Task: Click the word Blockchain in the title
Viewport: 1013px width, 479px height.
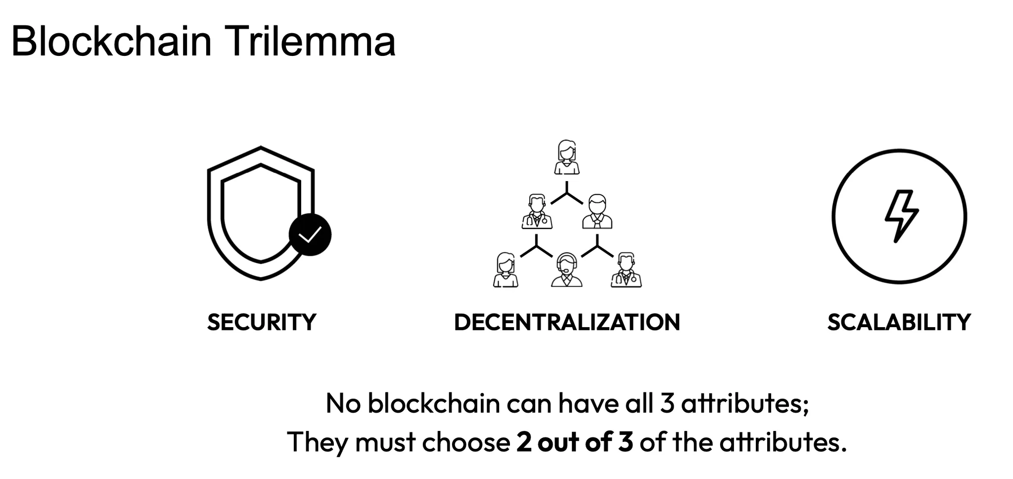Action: point(111,42)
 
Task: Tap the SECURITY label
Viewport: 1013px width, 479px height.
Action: point(262,323)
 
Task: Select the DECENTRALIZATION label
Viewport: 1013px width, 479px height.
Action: point(567,323)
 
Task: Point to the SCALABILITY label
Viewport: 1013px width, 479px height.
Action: point(899,323)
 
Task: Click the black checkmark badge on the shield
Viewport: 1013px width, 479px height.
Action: point(310,235)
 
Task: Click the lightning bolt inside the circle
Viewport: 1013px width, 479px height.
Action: point(901,216)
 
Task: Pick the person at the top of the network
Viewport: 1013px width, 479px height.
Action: point(567,157)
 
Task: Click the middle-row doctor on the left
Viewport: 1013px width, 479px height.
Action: point(537,212)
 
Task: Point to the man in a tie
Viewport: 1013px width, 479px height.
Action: point(597,212)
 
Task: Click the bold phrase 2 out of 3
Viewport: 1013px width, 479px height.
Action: point(575,442)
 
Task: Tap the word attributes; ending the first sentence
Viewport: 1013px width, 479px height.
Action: point(745,404)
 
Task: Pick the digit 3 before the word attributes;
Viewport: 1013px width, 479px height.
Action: point(667,404)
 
